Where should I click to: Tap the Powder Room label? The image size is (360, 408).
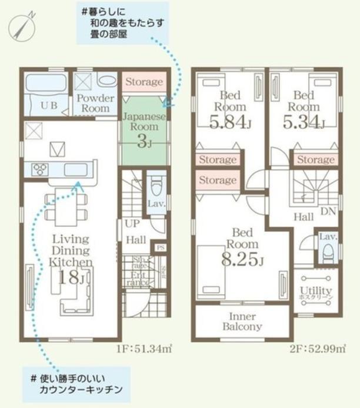(x=95, y=103)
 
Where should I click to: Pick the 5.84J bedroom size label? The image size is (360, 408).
(x=229, y=122)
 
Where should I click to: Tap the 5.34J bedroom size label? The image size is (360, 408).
(x=304, y=122)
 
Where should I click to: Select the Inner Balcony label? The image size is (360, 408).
(x=242, y=321)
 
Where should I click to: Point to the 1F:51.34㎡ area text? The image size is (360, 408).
(x=144, y=349)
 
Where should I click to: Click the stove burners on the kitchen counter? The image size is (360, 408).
(x=41, y=170)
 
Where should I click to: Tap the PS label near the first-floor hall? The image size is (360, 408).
(x=160, y=248)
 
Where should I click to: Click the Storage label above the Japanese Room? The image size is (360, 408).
(x=144, y=82)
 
